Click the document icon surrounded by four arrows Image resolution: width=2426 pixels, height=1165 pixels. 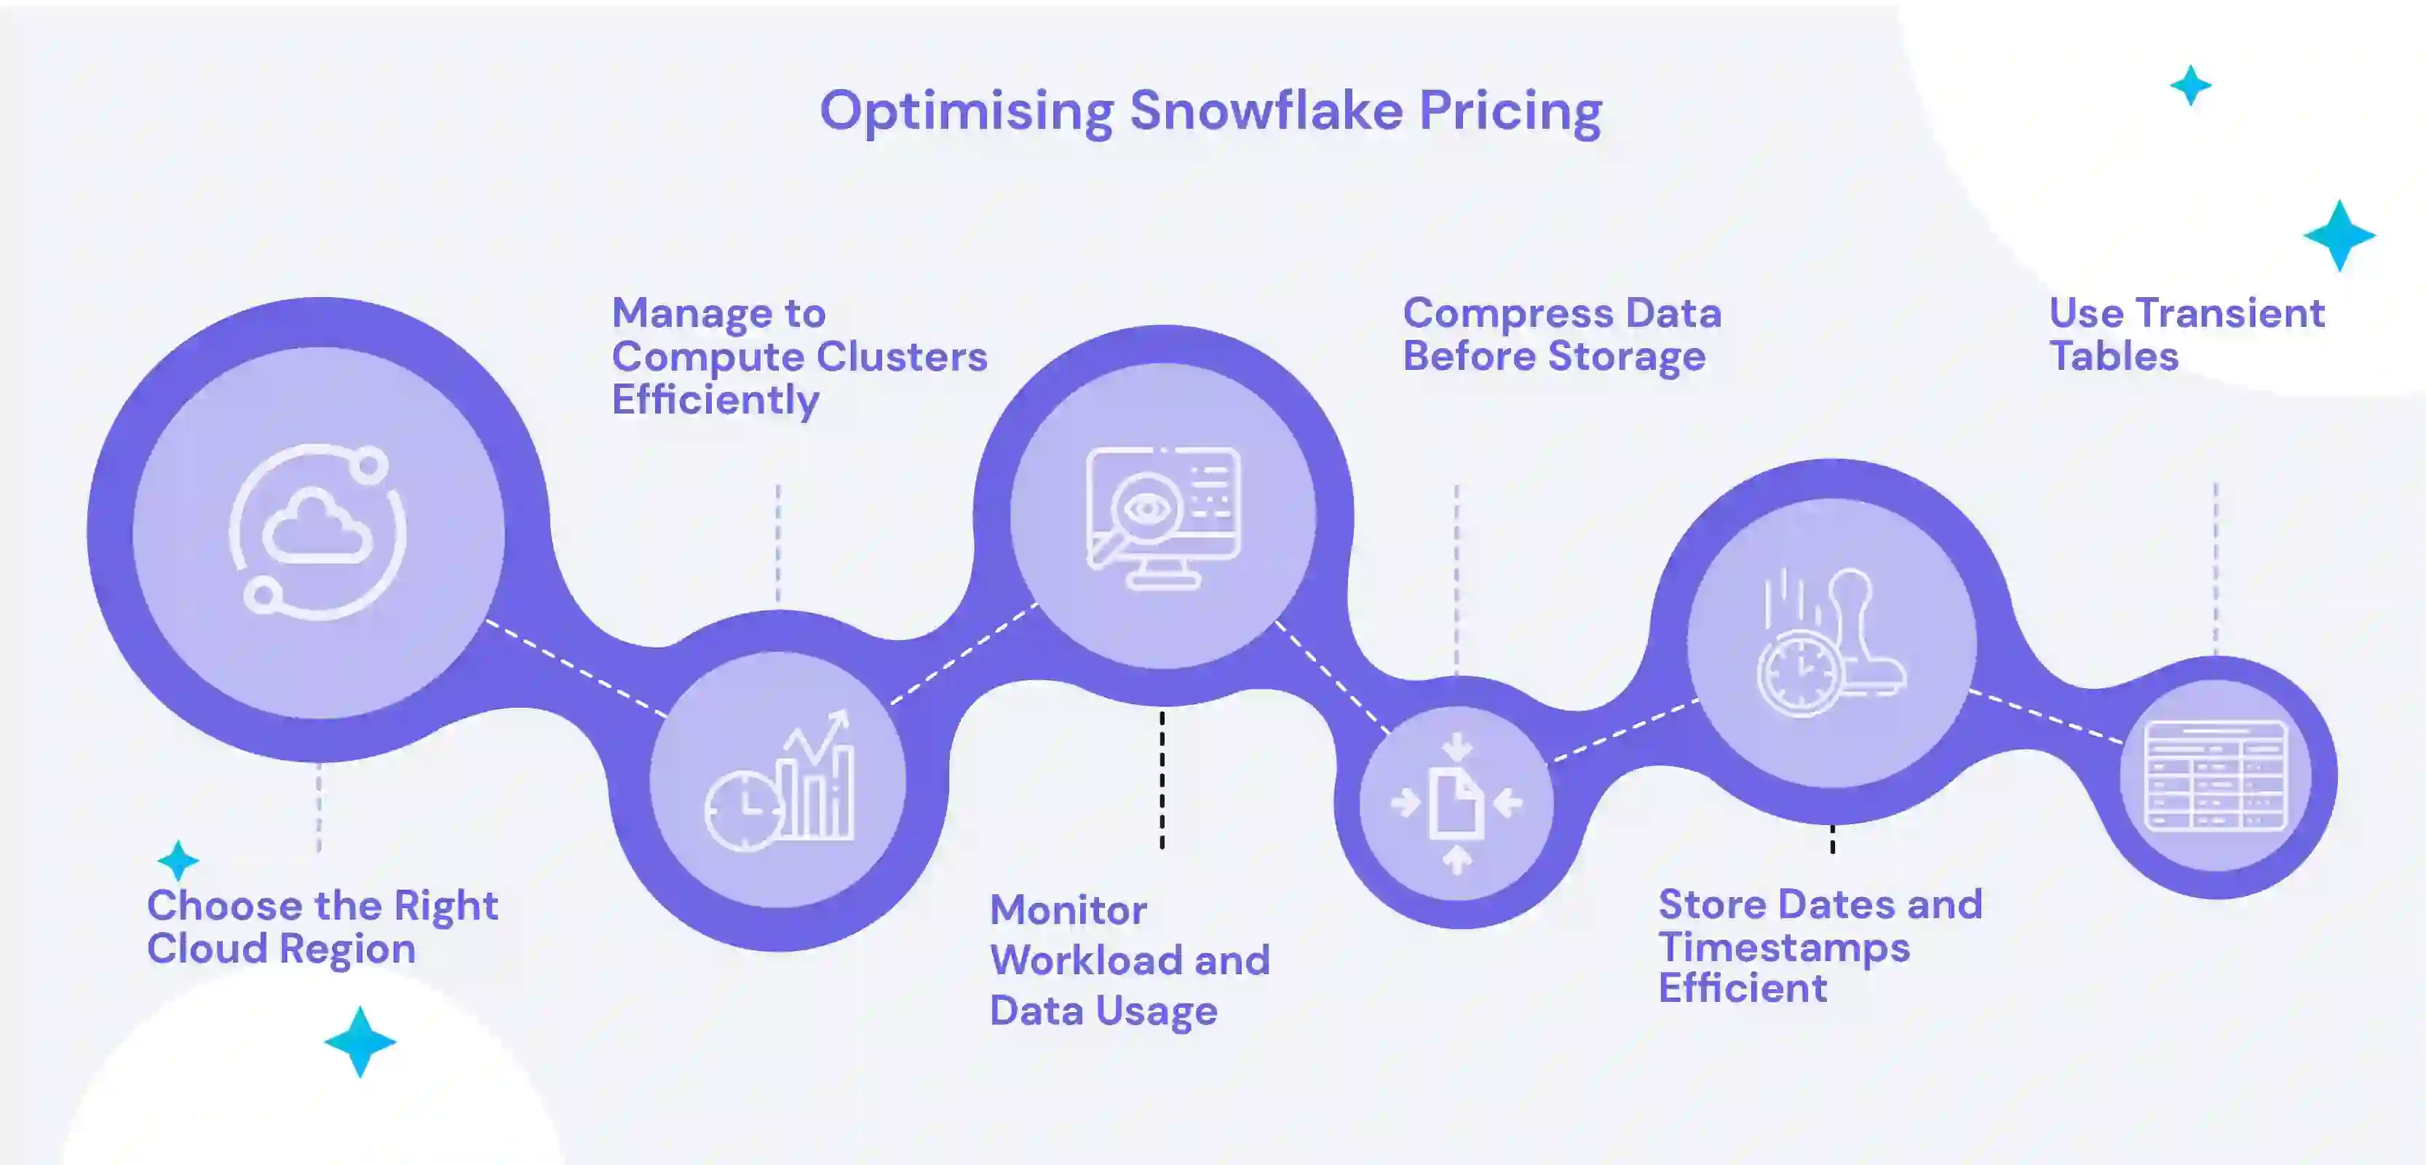point(1456,803)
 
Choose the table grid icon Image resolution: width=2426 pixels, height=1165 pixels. point(2215,776)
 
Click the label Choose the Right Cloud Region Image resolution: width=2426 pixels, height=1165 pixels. point(322,927)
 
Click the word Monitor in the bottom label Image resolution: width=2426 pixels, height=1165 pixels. point(1068,911)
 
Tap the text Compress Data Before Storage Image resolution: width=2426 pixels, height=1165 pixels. point(1561,334)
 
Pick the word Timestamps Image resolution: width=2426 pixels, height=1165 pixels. point(1784,947)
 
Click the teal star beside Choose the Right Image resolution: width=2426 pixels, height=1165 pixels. point(178,860)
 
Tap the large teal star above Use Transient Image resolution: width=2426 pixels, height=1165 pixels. point(2339,235)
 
